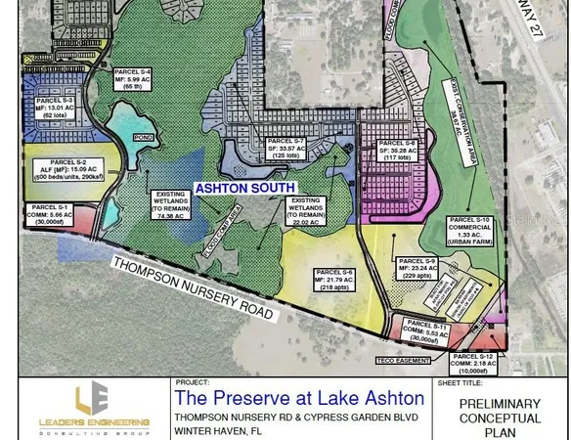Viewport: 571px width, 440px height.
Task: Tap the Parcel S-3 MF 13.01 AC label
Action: click(55, 108)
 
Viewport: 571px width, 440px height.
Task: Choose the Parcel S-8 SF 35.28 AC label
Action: click(396, 151)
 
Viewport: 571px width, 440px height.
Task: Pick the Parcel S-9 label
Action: click(416, 270)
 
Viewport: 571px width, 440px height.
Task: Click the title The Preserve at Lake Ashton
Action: click(298, 398)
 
